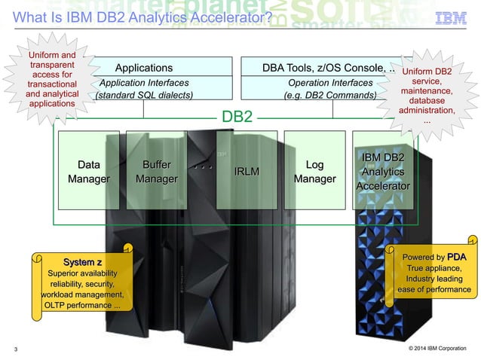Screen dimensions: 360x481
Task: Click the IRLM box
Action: [247, 171]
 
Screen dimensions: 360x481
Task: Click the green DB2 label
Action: [236, 117]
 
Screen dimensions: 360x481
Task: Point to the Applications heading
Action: [143, 68]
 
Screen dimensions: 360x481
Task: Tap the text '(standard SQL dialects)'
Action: [143, 96]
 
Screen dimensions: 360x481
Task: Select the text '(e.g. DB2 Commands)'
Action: [330, 96]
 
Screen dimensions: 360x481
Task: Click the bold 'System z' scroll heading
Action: [82, 261]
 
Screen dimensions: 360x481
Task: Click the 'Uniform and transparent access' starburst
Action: [51, 80]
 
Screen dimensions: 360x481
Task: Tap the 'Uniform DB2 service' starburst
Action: [427, 96]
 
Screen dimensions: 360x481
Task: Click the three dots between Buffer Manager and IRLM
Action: [201, 160]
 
